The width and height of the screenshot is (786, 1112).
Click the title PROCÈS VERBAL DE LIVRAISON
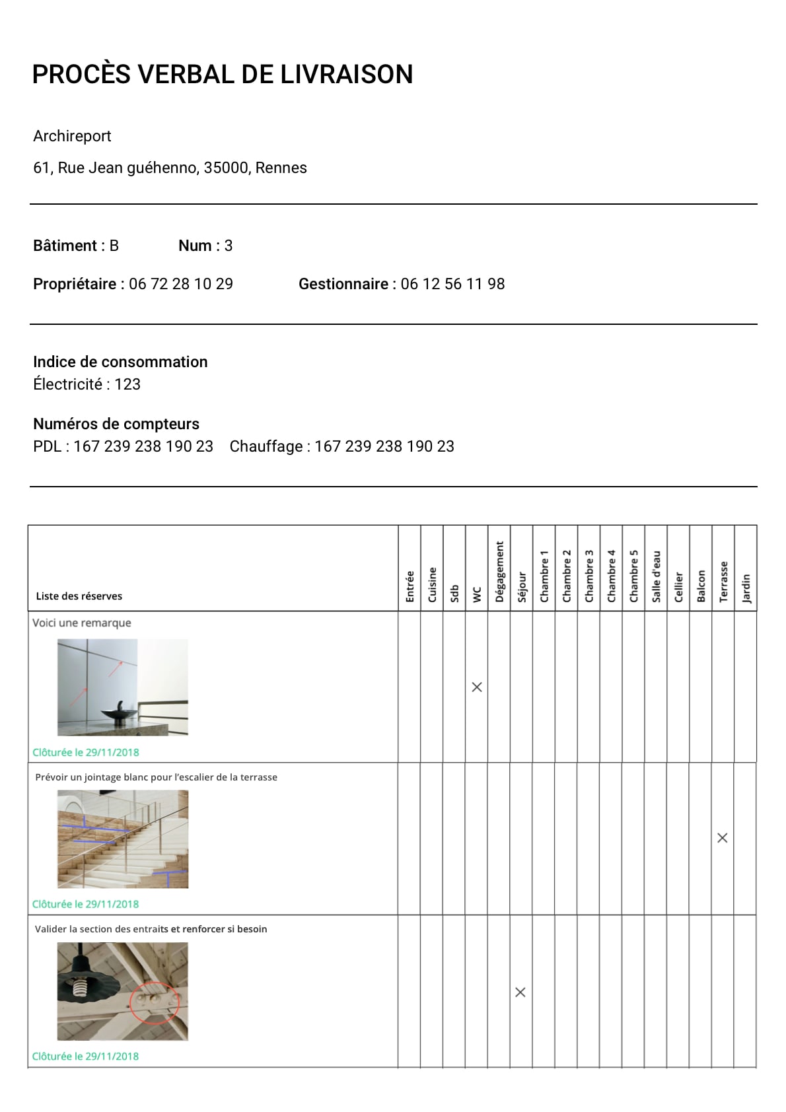[x=223, y=75]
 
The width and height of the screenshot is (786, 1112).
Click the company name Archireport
[x=72, y=136]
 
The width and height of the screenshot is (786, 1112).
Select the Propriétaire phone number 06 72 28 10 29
[x=181, y=284]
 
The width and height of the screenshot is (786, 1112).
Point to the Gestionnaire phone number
[x=452, y=284]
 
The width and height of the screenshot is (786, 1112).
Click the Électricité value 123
[x=127, y=384]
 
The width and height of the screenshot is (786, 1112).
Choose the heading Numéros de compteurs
[x=116, y=424]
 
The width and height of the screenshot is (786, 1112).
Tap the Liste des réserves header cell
[x=79, y=596]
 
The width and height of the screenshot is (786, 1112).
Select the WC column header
[x=477, y=594]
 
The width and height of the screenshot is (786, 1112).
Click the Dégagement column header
[x=499, y=572]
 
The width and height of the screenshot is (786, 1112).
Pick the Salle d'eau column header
[x=656, y=576]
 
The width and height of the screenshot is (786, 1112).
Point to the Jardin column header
[x=746, y=588]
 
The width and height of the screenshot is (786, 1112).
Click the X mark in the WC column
[x=477, y=687]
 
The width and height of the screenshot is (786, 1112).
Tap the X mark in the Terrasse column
[x=723, y=838]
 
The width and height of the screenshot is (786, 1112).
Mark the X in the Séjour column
[x=520, y=992]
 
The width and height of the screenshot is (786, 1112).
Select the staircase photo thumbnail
[x=123, y=839]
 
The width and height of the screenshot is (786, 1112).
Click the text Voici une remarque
[x=82, y=623]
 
